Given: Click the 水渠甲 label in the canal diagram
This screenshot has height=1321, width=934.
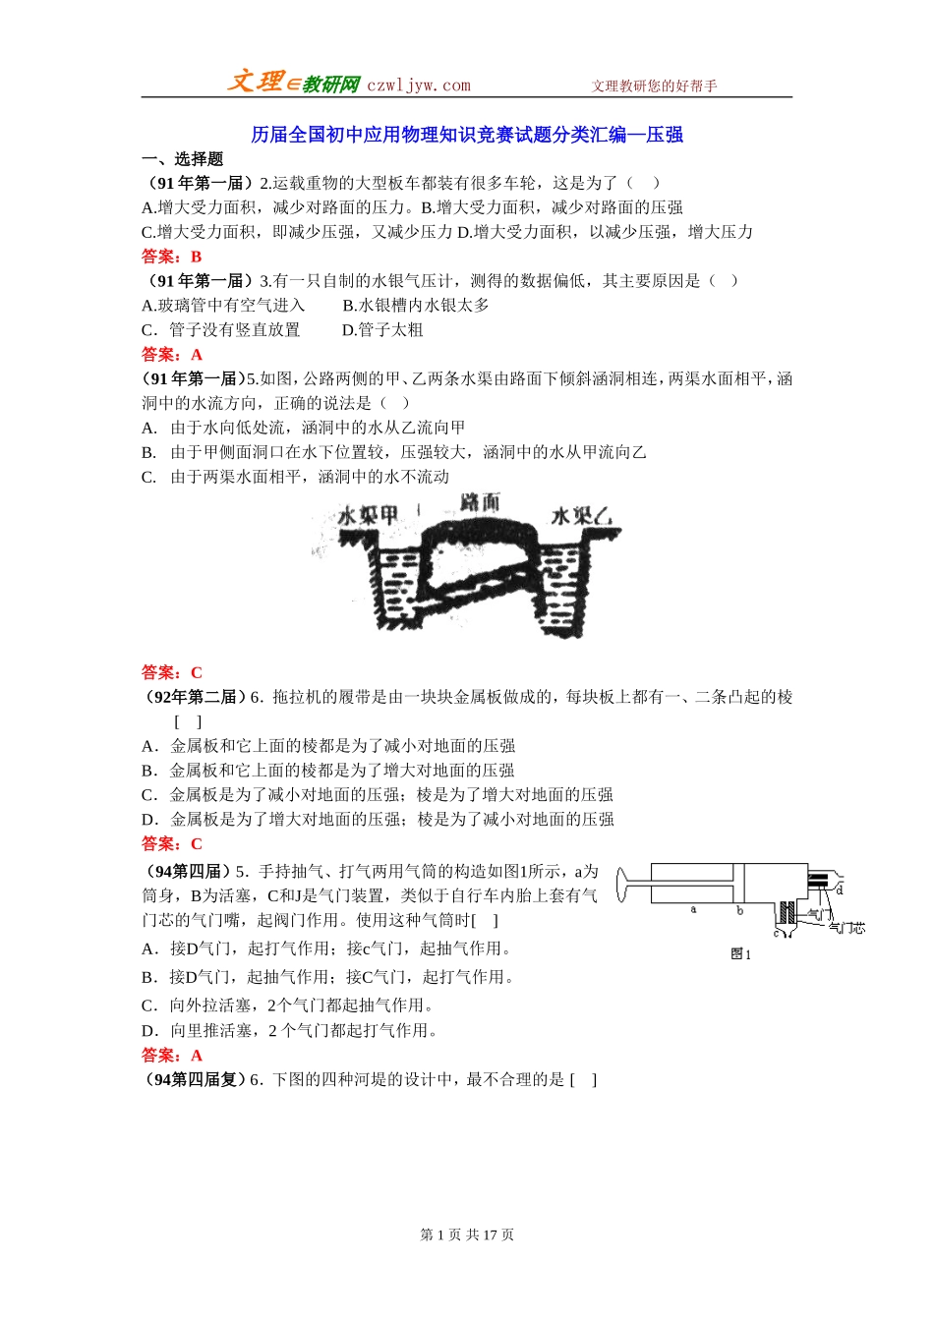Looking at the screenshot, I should coord(368,515).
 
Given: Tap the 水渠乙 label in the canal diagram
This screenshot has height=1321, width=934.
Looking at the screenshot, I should coord(581,516).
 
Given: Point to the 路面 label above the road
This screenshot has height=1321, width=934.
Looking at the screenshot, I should coord(480,502).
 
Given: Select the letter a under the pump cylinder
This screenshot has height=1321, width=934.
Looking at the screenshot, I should coord(693,910).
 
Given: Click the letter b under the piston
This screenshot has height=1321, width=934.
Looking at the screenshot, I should coord(739,911).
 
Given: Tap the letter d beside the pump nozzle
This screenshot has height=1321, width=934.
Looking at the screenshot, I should coord(840,890).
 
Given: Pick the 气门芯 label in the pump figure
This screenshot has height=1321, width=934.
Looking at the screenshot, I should coord(846,928).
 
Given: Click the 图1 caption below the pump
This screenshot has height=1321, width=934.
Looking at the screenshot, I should coord(741,954).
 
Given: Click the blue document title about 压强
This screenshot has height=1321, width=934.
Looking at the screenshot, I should coord(467,135).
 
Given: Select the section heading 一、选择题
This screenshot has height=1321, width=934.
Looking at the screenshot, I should coord(183,159).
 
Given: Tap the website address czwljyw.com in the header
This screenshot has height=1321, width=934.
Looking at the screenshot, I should coord(419,86).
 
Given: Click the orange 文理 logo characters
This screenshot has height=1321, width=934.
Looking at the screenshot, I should coord(256,82).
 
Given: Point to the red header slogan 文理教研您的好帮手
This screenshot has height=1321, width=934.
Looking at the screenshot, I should coord(654,86).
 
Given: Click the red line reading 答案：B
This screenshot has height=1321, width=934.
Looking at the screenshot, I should coord(172,257).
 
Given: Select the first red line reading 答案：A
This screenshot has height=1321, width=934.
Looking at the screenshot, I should coord(172,355).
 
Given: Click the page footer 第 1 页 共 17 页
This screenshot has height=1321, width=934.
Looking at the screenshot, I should coord(467,1235).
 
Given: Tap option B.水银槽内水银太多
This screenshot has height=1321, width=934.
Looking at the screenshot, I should coord(416,306).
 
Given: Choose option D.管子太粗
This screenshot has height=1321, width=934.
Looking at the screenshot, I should coord(382,330).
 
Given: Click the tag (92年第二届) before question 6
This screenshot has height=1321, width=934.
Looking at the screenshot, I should coord(193,697).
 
